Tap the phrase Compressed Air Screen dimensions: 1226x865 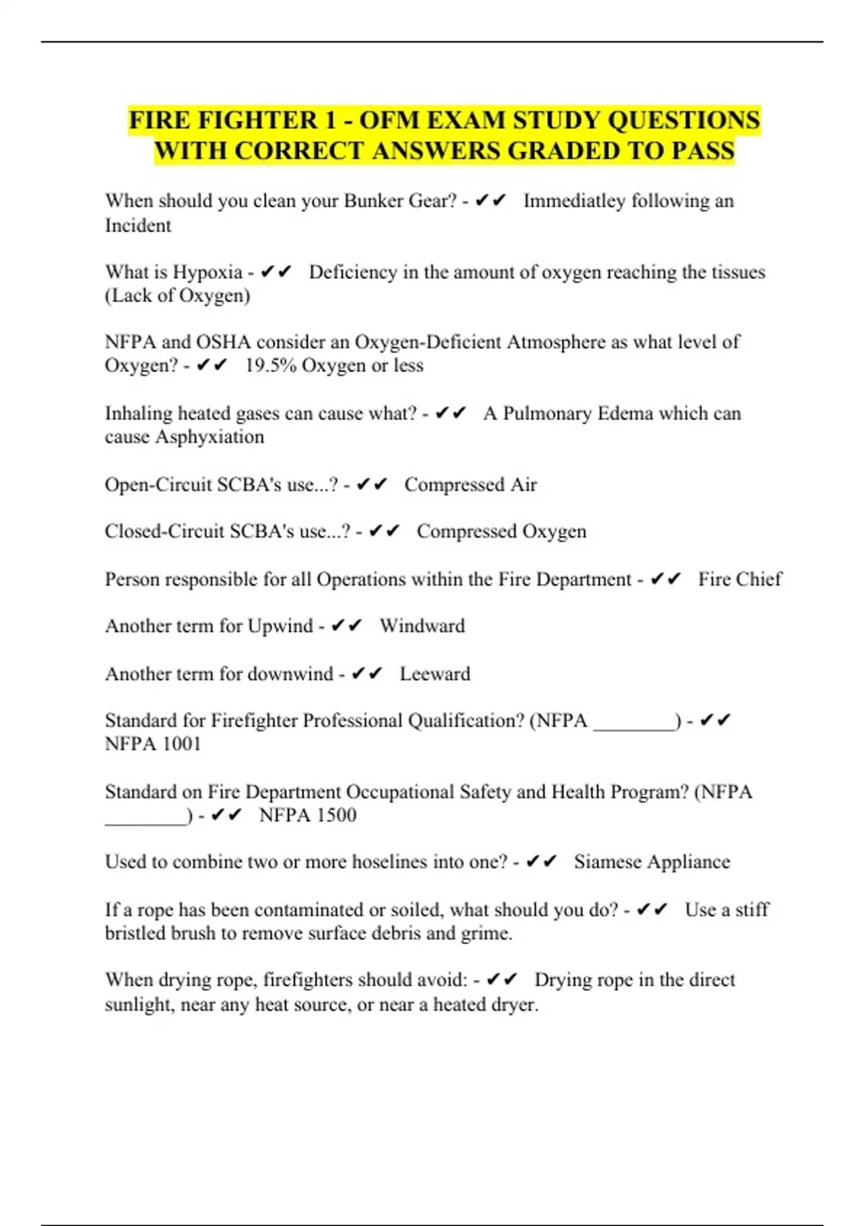470,485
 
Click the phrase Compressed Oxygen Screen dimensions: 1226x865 501,532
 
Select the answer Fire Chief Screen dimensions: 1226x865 740,579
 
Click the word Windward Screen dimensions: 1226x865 422,626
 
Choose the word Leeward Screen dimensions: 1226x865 435,674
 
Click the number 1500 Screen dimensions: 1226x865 332,815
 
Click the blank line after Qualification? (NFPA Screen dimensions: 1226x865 634,723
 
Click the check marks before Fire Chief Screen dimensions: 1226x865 665,579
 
